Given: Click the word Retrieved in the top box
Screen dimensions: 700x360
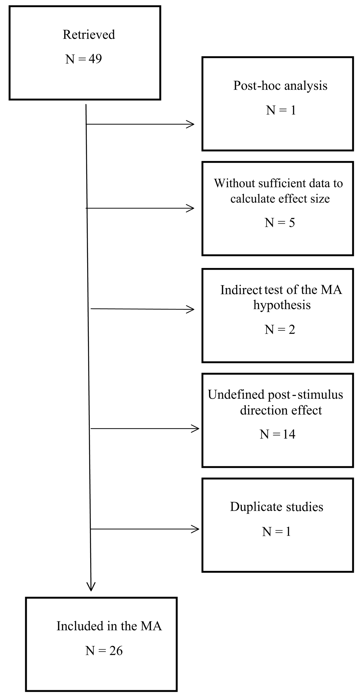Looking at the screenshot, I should (89, 35).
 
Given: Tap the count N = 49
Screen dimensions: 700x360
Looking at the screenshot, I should (83, 59).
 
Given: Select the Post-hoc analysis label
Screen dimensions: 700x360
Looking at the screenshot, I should (280, 86).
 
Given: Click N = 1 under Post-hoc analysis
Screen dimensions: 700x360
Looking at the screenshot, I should (281, 110).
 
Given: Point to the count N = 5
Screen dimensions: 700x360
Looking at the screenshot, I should (280, 223).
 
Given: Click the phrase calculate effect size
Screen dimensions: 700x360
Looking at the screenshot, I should (280, 199).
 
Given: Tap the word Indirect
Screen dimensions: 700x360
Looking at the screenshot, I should (241, 290).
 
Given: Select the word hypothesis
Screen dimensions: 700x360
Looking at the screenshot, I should (282, 305).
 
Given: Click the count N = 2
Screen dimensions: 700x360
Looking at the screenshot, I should (280, 330).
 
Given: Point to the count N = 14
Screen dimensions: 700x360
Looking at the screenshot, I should (277, 434).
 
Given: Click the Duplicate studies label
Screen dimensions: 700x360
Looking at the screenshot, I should (277, 507).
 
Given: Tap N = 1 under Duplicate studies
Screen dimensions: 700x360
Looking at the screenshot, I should (277, 531).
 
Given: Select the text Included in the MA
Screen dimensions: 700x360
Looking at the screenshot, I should (109, 626).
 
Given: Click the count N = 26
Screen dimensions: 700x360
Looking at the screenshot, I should (104, 651).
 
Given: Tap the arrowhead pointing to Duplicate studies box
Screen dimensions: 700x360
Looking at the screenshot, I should (196, 529).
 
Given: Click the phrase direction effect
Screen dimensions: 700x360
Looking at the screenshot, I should (281, 410).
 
